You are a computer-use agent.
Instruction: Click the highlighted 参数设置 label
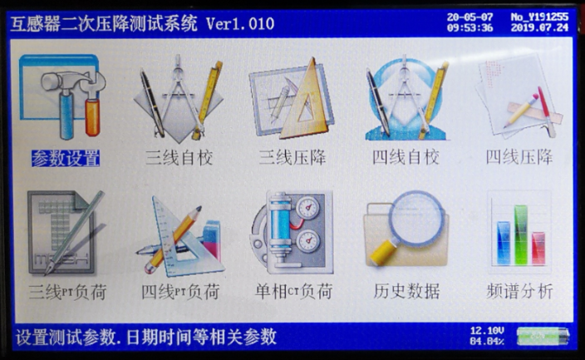tap(66, 158)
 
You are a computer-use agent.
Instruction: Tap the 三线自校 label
tap(179, 158)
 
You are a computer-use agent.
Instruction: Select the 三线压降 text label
tap(292, 158)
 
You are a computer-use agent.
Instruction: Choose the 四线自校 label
tap(406, 158)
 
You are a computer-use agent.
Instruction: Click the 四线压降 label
tap(519, 157)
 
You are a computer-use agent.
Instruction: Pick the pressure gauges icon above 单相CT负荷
tap(292, 232)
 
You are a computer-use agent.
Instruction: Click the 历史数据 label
tap(406, 291)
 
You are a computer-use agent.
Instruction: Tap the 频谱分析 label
tap(519, 291)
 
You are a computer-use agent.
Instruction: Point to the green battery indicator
tap(543, 336)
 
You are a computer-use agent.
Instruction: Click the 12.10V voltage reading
tap(487, 331)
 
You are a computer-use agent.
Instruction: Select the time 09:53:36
tap(470, 28)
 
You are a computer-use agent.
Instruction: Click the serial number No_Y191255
tap(539, 17)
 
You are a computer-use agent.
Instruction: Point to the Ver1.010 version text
tap(240, 24)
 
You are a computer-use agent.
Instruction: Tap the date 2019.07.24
tap(539, 27)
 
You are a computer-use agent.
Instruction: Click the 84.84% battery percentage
tap(487, 341)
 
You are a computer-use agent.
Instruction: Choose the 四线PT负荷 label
tap(180, 292)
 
